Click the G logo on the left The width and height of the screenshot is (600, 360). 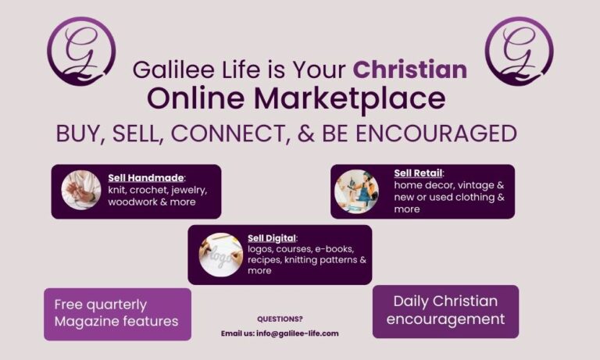click(x=81, y=51)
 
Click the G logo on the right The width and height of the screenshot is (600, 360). click(x=520, y=51)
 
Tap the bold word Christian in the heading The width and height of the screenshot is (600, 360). click(x=410, y=70)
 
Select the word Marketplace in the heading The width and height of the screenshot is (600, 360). click(x=350, y=99)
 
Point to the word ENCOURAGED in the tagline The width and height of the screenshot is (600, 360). click(x=436, y=134)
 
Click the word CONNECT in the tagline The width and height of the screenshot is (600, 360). click(x=228, y=134)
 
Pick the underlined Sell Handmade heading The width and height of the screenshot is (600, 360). click(x=146, y=178)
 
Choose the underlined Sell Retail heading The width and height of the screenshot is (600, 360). click(x=418, y=173)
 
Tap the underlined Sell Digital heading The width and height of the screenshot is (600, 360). click(x=272, y=238)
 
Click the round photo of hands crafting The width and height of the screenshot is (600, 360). click(x=81, y=190)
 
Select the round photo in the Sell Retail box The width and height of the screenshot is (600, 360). click(x=356, y=191)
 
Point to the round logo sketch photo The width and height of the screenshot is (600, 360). click(x=221, y=255)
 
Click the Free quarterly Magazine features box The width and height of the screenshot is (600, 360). click(x=117, y=314)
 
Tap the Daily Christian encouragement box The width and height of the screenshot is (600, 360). click(x=446, y=312)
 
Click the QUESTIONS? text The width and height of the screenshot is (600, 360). click(x=280, y=319)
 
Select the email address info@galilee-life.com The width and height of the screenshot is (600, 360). click(x=298, y=333)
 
